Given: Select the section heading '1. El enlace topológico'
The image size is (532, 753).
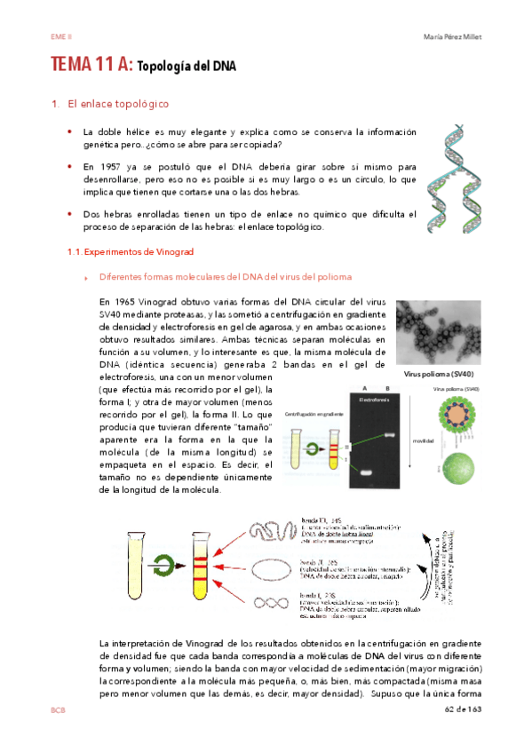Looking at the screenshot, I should (111, 105).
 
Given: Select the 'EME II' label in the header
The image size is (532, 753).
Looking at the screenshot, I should (60, 36).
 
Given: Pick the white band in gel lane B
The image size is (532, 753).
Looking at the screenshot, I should (390, 435).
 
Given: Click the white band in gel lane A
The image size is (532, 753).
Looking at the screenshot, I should (365, 472).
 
